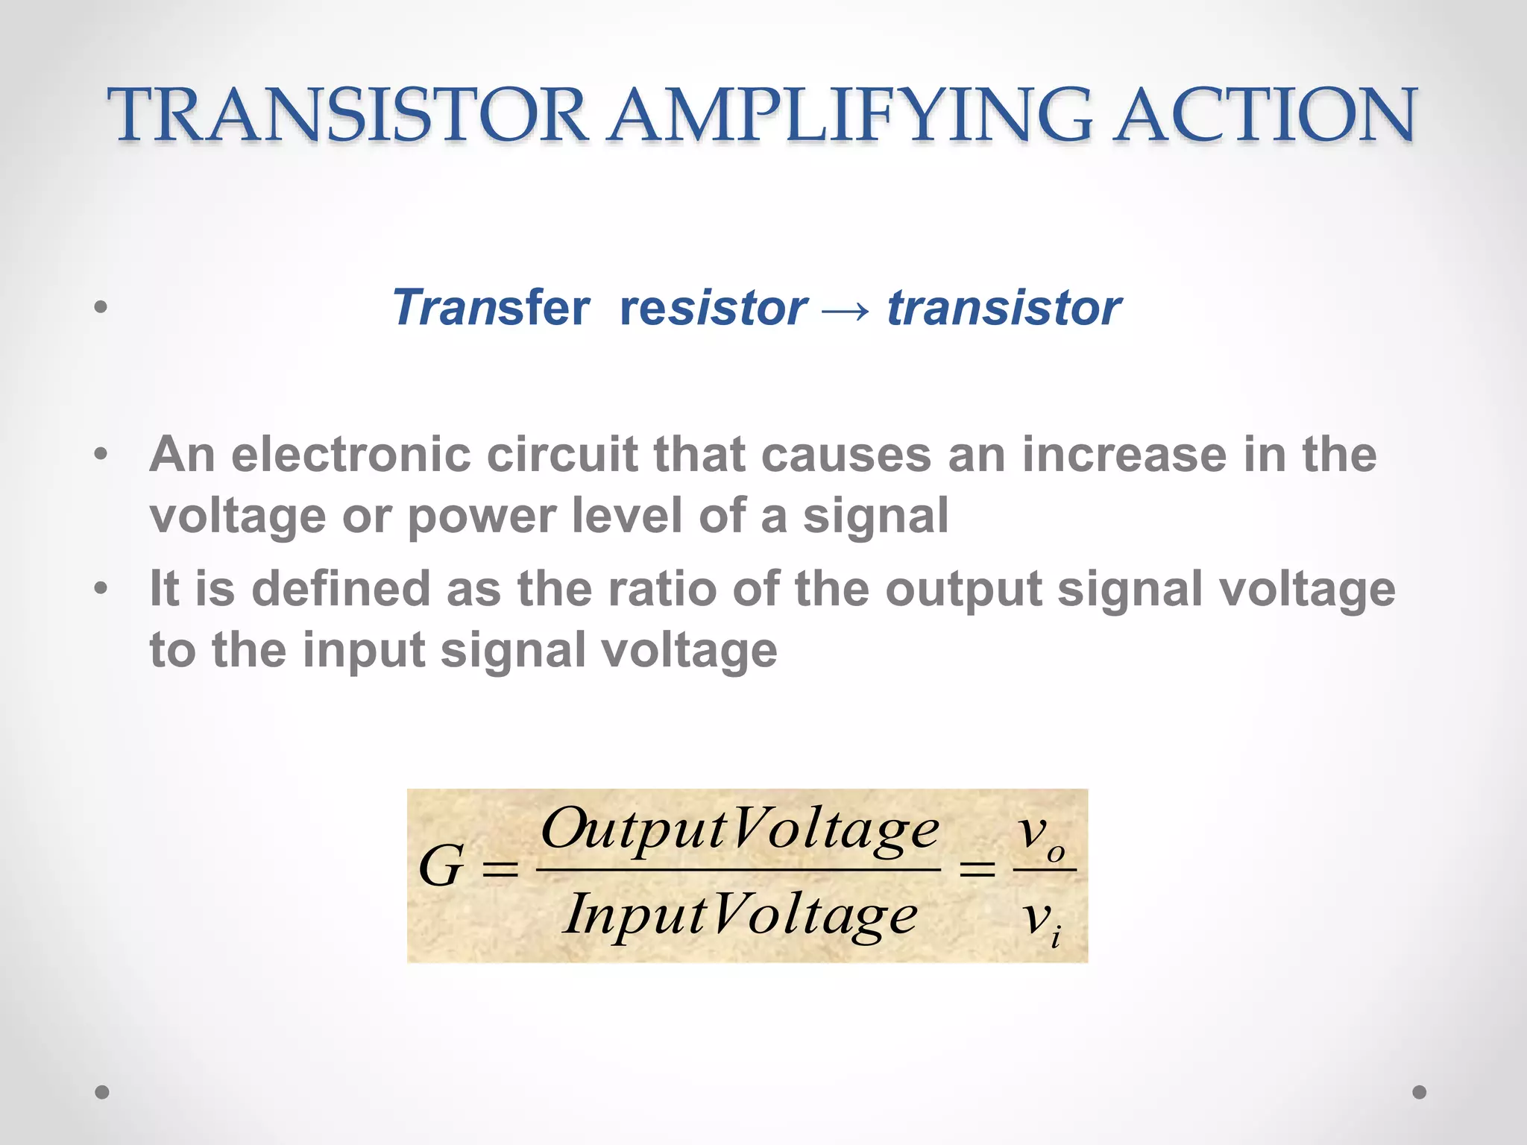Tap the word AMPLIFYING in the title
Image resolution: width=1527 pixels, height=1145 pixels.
pos(850,115)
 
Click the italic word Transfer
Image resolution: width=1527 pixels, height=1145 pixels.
pos(491,307)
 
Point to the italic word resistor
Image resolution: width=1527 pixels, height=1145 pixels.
pos(713,307)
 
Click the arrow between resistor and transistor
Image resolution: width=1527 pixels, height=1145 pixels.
pos(846,309)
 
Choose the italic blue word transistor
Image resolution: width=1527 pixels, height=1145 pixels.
pos(1004,307)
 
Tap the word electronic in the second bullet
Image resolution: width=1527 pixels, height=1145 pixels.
pos(350,454)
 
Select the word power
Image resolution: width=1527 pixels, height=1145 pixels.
pos(482,516)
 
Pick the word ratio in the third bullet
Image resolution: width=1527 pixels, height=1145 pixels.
pos(662,589)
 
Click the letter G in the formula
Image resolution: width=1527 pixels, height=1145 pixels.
pos(442,867)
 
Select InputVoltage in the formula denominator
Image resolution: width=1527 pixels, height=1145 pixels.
pos(740,915)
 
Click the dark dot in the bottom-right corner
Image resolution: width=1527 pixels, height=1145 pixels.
pos(1420,1092)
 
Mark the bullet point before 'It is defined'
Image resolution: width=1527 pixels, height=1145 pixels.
pos(101,589)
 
